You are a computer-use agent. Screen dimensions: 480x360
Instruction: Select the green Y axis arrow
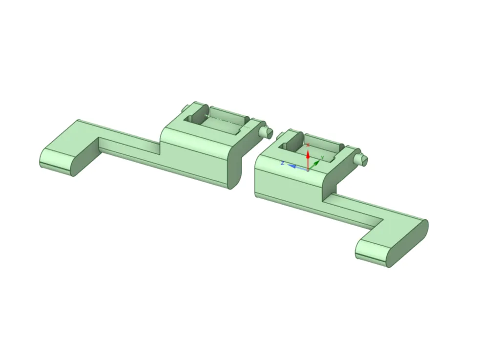point(314,165)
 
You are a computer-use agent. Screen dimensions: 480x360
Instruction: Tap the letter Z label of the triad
point(283,163)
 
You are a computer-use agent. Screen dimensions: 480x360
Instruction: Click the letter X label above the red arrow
point(308,145)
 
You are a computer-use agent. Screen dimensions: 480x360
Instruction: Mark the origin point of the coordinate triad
point(308,169)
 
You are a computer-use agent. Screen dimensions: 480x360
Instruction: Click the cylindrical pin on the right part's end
point(361,160)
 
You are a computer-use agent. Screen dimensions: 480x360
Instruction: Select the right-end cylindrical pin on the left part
point(266,131)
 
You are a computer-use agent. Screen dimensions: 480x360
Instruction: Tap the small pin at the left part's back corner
point(185,108)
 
